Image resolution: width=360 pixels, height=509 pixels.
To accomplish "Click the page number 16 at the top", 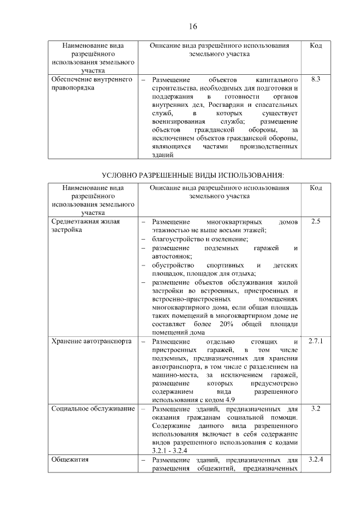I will (x=192, y=26).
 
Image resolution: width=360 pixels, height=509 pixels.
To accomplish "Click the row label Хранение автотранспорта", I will (x=91, y=341).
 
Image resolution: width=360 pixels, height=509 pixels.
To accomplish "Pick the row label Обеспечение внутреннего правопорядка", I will (x=91, y=84).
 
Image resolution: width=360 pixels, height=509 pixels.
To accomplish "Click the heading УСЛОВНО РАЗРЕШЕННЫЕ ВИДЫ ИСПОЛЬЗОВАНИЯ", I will (x=192, y=175).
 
